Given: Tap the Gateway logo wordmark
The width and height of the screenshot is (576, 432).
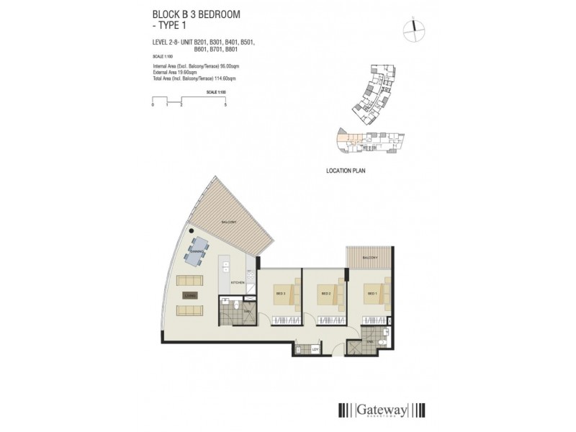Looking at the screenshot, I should click(382, 410).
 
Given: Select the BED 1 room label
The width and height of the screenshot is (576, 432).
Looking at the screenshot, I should click(372, 294).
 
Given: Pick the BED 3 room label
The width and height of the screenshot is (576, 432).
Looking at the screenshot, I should click(280, 294).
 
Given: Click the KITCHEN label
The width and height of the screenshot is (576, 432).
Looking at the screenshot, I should click(238, 283).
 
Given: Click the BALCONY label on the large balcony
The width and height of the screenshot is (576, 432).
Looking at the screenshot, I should click(230, 222).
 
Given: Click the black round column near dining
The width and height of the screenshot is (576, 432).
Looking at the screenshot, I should click(193, 231).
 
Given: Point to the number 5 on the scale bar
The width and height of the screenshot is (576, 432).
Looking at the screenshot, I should click(225, 104).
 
